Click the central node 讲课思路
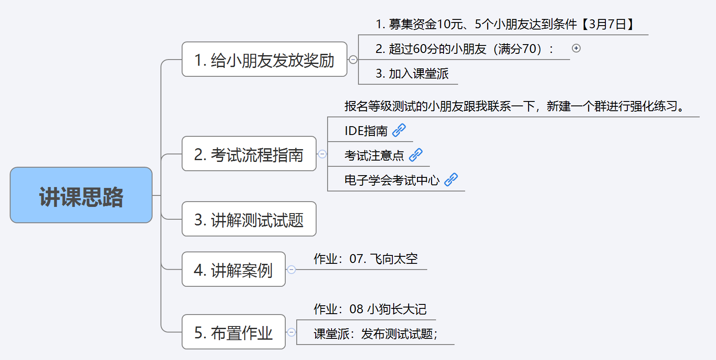pyautogui.click(x=81, y=195)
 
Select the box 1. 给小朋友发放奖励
pyautogui.click(x=264, y=60)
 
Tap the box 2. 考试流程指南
pyautogui.click(x=249, y=154)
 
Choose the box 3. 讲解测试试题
pyautogui.click(x=249, y=219)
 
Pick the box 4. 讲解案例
pyautogui.click(x=233, y=270)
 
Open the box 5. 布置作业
pyautogui.click(x=233, y=332)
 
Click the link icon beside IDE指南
pyautogui.click(x=399, y=130)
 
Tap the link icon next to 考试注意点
pyautogui.click(x=416, y=155)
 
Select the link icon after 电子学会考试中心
pyautogui.click(x=451, y=180)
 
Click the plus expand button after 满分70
pyautogui.click(x=576, y=48)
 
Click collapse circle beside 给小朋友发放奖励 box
pyautogui.click(x=353, y=60)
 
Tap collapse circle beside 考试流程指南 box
pyautogui.click(x=322, y=154)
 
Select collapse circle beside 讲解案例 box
pyautogui.click(x=291, y=270)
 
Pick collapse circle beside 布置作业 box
pyautogui.click(x=291, y=332)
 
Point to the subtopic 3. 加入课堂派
pyautogui.click(x=412, y=74)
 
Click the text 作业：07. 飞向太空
pyautogui.click(x=365, y=259)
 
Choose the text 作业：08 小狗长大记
pyautogui.click(x=370, y=309)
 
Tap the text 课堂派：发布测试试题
pyautogui.click(x=375, y=334)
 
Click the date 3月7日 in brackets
pyautogui.click(x=608, y=24)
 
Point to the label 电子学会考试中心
pyautogui.click(x=392, y=180)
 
